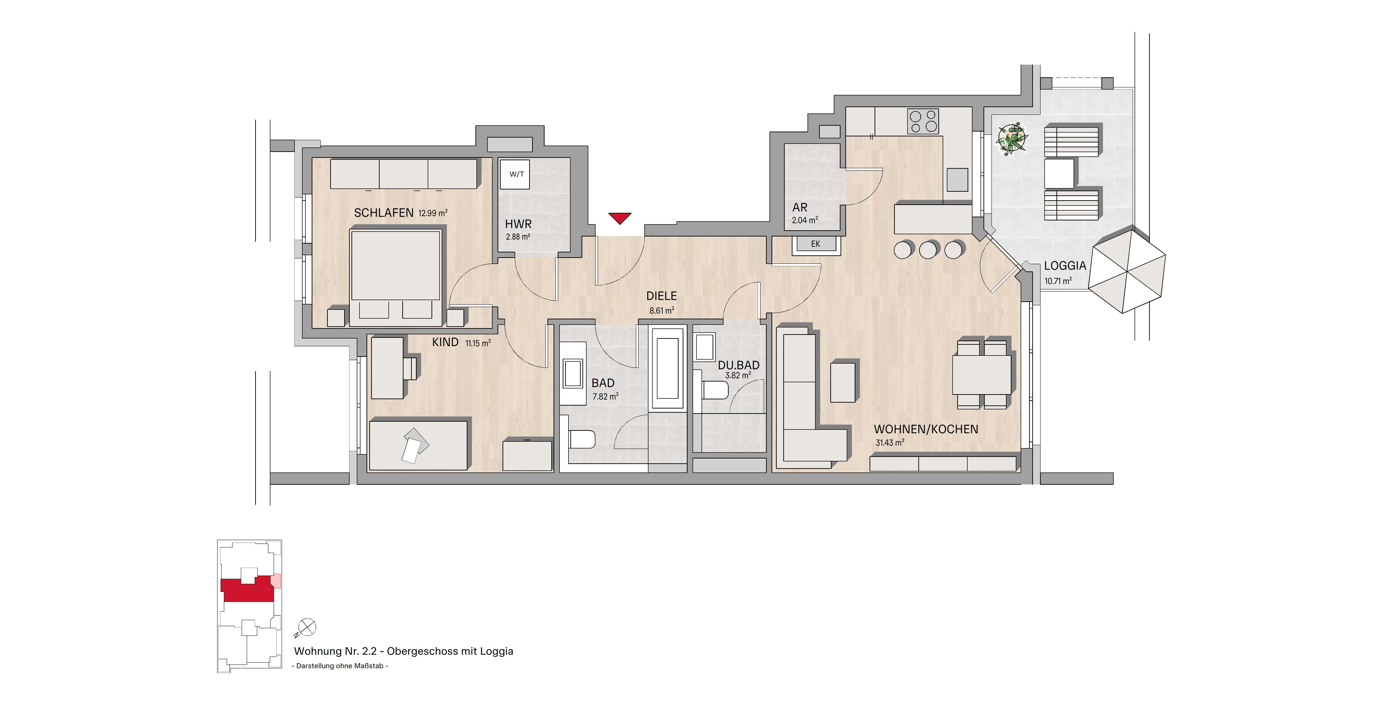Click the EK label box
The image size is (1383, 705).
pos(815,244)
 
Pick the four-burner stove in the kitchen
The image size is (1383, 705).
pos(923,121)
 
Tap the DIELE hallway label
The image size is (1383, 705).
pos(661,296)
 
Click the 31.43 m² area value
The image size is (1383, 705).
pos(890,443)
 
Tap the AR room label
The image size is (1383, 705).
pos(800,207)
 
